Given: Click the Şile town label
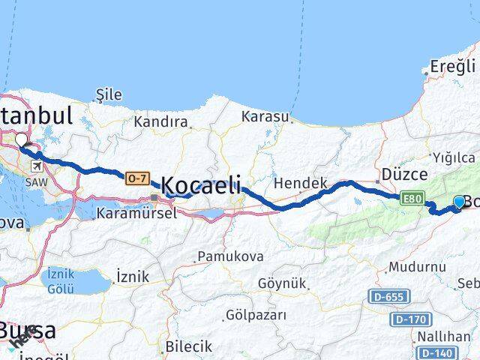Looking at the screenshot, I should (109, 94).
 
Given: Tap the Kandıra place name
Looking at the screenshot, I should (160, 121).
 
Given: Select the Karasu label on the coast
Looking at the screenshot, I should (265, 116).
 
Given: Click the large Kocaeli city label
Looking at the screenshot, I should (202, 184).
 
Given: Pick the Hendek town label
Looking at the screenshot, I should (301, 183).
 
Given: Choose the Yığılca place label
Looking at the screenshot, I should (454, 157).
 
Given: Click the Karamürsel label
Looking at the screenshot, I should (136, 213).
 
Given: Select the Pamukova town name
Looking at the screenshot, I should (230, 256).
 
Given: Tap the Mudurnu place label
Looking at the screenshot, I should (417, 266).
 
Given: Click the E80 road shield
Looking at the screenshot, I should (412, 199).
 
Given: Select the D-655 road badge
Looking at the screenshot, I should (391, 298).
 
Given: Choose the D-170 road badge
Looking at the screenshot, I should (412, 320).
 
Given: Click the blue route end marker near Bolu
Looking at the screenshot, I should (460, 201).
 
